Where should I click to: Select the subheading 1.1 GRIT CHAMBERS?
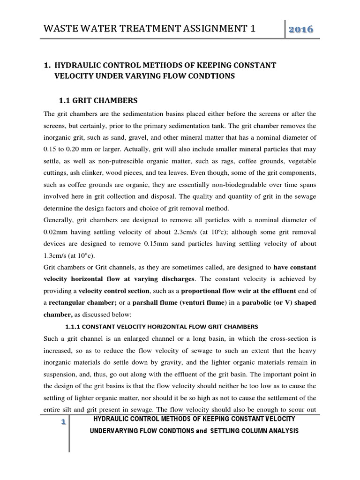tap(98, 100)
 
